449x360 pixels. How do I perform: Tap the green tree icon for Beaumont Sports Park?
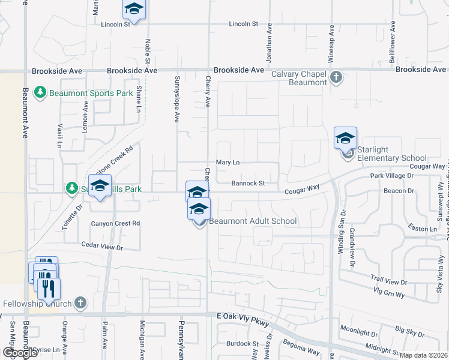tap(40, 93)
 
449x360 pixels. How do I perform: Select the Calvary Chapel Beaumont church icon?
tap(336, 77)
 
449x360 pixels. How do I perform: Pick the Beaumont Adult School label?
tap(253, 221)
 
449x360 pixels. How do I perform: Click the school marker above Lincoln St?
tap(134, 9)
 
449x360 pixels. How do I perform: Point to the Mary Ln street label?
tap(228, 163)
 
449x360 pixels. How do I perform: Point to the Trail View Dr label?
tap(388, 281)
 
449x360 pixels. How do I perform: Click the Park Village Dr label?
tap(392, 175)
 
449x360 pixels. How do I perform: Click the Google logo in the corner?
tap(20, 353)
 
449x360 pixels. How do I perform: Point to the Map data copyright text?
tap(423, 355)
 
